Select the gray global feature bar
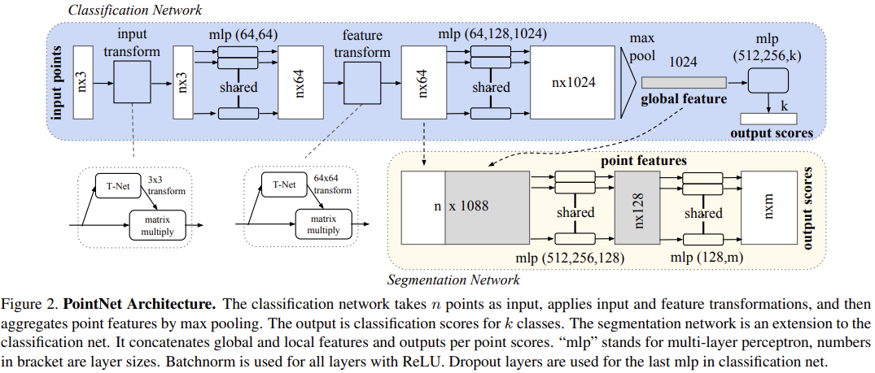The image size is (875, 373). click(x=684, y=83)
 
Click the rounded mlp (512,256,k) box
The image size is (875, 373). click(x=768, y=80)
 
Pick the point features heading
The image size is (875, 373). click(x=644, y=161)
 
